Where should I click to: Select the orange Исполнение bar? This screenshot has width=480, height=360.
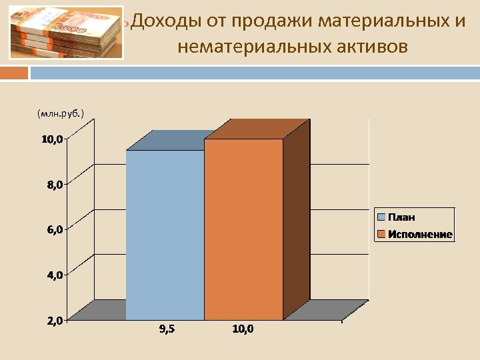tap(243, 230)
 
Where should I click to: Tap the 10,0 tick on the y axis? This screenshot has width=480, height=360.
tap(52, 139)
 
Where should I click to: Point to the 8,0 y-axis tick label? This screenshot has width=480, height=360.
tap(55, 185)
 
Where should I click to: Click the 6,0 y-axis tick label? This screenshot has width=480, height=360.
tap(55, 230)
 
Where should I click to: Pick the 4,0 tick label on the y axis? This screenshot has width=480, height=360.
tap(55, 275)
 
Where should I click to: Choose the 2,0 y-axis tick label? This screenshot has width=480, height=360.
tap(55, 321)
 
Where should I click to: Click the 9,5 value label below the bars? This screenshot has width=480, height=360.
tap(167, 329)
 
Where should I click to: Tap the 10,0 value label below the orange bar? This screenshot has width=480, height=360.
tap(243, 329)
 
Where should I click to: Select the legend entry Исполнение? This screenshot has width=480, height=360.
tap(420, 234)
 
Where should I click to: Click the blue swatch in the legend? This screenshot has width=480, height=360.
tap(381, 217)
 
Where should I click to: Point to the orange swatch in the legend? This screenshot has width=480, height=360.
tap(381, 234)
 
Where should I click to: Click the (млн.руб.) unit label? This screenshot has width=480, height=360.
tap(61, 114)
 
